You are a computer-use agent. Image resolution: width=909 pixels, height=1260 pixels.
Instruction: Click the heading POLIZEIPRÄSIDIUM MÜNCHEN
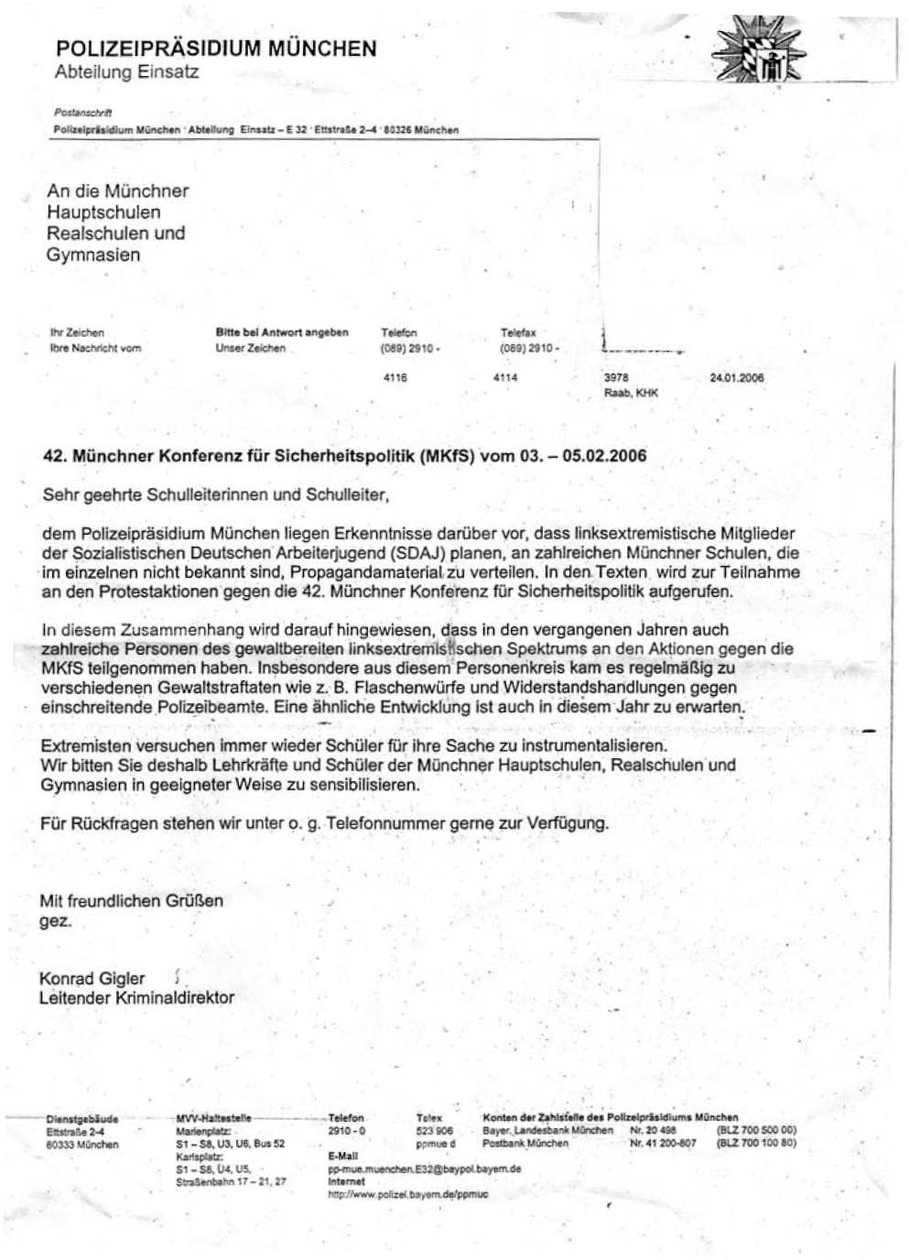(x=216, y=49)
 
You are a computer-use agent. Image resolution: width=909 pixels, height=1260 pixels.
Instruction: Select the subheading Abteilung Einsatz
(x=126, y=72)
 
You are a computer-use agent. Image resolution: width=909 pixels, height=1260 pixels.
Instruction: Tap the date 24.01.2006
(x=737, y=377)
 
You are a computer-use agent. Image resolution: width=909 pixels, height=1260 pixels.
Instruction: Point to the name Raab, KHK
(x=631, y=393)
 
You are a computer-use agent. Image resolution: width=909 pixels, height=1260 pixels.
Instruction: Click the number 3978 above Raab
(x=616, y=377)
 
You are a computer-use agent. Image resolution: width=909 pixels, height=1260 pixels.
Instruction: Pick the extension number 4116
(x=395, y=377)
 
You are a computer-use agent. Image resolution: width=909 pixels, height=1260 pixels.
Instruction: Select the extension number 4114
(x=505, y=377)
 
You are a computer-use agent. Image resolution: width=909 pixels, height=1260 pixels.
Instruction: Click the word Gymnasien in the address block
(x=93, y=255)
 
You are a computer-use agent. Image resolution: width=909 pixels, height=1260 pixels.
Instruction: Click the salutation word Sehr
(x=61, y=495)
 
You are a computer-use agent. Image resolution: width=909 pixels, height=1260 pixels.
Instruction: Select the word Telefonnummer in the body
(x=385, y=823)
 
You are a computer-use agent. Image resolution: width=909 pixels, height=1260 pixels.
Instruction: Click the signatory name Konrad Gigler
(x=92, y=978)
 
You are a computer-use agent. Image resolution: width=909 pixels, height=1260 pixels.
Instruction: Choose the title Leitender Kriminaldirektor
(x=136, y=998)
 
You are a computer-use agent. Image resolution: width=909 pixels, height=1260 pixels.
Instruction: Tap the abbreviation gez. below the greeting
(x=55, y=921)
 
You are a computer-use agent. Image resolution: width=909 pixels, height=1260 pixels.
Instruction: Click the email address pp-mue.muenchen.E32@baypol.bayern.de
(x=425, y=1168)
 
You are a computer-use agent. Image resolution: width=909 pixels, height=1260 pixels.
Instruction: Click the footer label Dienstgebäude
(x=82, y=1118)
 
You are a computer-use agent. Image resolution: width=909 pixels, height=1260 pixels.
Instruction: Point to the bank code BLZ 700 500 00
(x=756, y=1130)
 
